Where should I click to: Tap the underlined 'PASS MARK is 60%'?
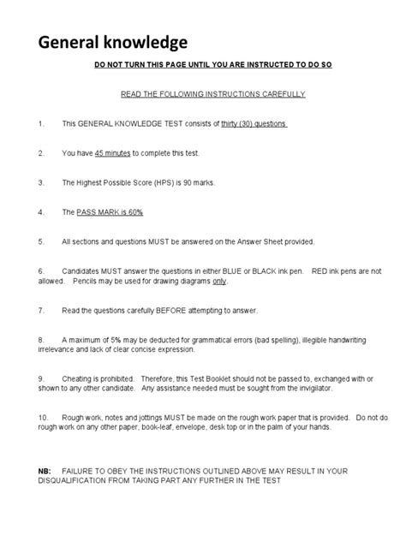(x=116, y=211)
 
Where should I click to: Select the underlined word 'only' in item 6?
(x=219, y=280)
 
